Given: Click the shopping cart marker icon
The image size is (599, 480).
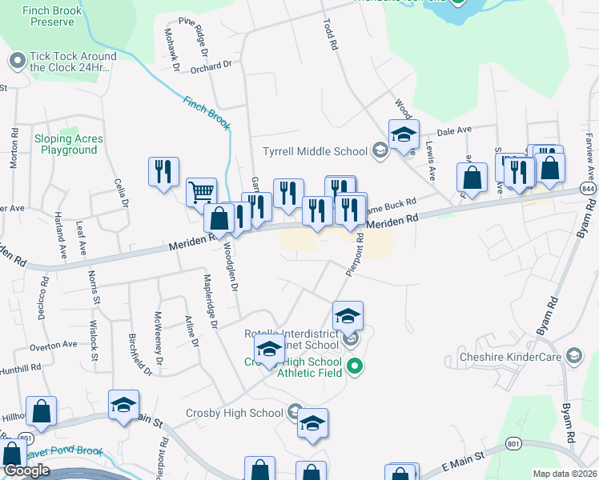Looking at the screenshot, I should pos(202,192).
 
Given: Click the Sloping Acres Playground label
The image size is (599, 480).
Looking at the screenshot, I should pos(69,144).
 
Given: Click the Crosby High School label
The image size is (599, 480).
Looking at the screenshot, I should pos(234,413).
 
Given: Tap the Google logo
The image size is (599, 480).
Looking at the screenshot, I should pos(26,470).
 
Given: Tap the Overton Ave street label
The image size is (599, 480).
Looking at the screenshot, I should pos(53,345).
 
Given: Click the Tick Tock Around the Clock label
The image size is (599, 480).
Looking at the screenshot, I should pos(72,62).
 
